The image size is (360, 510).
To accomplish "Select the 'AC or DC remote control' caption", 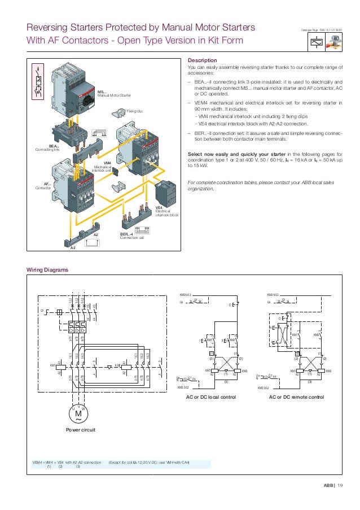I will point(298,398).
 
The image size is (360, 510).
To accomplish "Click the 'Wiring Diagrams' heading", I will point(48,270).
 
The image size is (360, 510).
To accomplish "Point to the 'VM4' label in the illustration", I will point(107,163).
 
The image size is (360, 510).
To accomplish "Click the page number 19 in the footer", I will point(340,485).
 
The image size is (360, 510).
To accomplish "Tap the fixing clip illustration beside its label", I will point(119,113).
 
